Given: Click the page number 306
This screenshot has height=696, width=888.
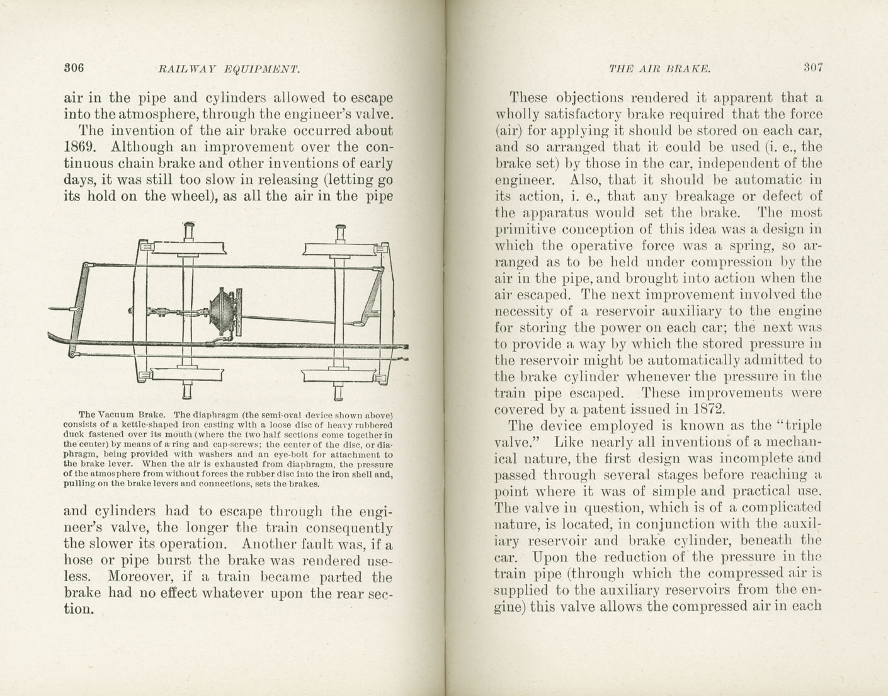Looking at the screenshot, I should [x=74, y=67].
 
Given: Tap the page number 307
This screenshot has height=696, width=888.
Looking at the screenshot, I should [x=812, y=67].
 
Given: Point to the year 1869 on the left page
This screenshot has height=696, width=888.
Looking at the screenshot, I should [x=80, y=147].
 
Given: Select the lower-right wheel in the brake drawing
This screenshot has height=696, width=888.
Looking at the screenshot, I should [x=339, y=377].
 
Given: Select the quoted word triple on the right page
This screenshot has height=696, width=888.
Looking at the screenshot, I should [x=800, y=426].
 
